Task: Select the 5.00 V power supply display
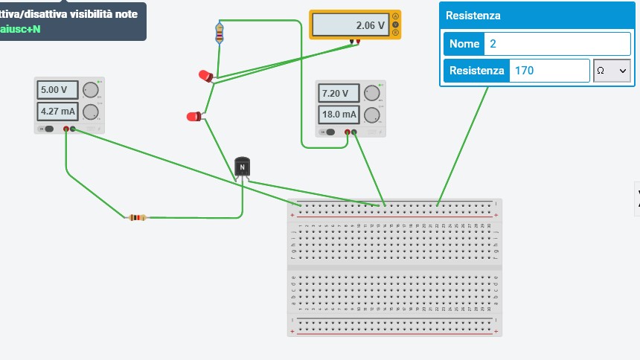click(x=57, y=90)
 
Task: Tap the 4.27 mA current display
click(x=57, y=112)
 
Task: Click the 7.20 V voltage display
click(x=339, y=93)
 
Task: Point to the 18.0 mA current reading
click(x=339, y=115)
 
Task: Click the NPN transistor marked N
click(x=242, y=167)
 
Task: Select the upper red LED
click(x=205, y=75)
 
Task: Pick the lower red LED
click(x=193, y=116)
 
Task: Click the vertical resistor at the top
click(x=219, y=32)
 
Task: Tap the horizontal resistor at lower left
click(x=137, y=217)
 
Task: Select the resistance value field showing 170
click(x=548, y=71)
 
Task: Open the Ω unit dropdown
click(x=612, y=71)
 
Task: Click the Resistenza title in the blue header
click(x=473, y=16)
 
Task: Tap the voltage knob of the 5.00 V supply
click(x=91, y=90)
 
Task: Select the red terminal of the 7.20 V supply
click(x=348, y=132)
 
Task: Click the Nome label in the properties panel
click(x=464, y=44)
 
